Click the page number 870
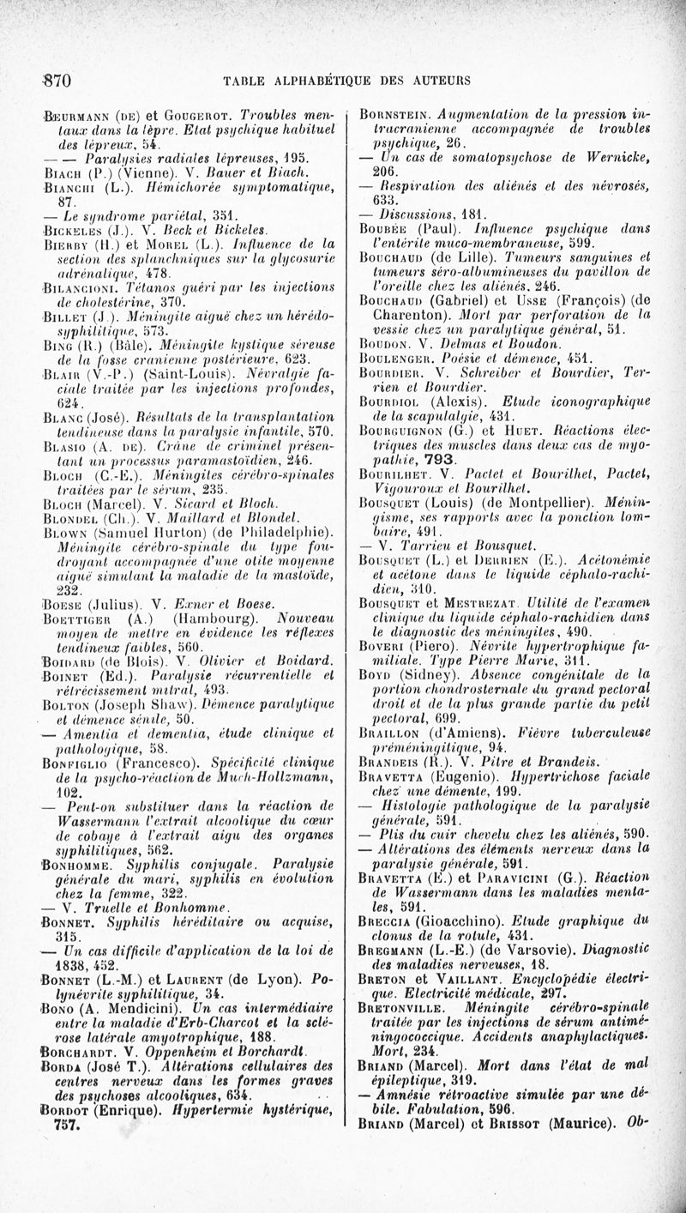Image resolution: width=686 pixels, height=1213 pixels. click(x=55, y=81)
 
